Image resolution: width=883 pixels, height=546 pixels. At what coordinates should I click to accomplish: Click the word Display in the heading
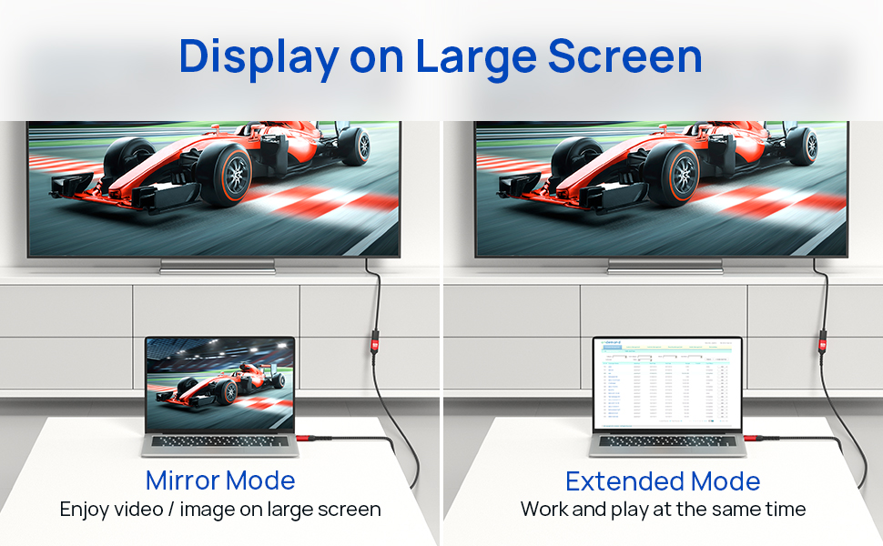pyautogui.click(x=257, y=56)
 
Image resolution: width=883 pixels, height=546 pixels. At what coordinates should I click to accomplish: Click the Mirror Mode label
pyautogui.click(x=220, y=480)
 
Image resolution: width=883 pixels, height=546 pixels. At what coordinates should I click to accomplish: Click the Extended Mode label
pyautogui.click(x=663, y=480)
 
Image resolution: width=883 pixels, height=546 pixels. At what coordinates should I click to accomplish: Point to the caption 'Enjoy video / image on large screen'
pyautogui.click(x=220, y=509)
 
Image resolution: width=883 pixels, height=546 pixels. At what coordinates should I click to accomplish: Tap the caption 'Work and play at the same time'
pyautogui.click(x=663, y=509)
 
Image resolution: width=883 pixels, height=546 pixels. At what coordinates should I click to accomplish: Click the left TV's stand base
pyautogui.click(x=217, y=266)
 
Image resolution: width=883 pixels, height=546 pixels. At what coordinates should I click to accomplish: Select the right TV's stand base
pyautogui.click(x=665, y=266)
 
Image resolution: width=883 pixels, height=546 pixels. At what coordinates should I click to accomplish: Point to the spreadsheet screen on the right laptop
pyautogui.click(x=667, y=383)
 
